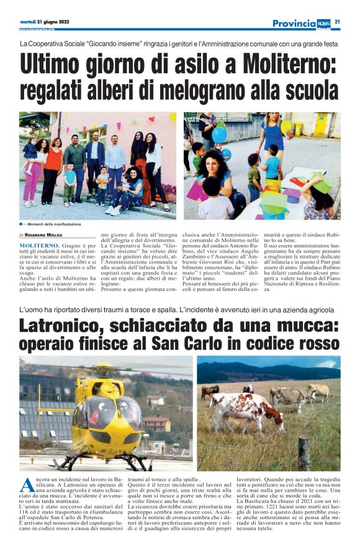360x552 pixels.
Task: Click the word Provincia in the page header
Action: pos(294,23)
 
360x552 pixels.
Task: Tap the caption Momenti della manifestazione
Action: pos(53,223)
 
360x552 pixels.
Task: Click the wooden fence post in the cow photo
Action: pos(303,455)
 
